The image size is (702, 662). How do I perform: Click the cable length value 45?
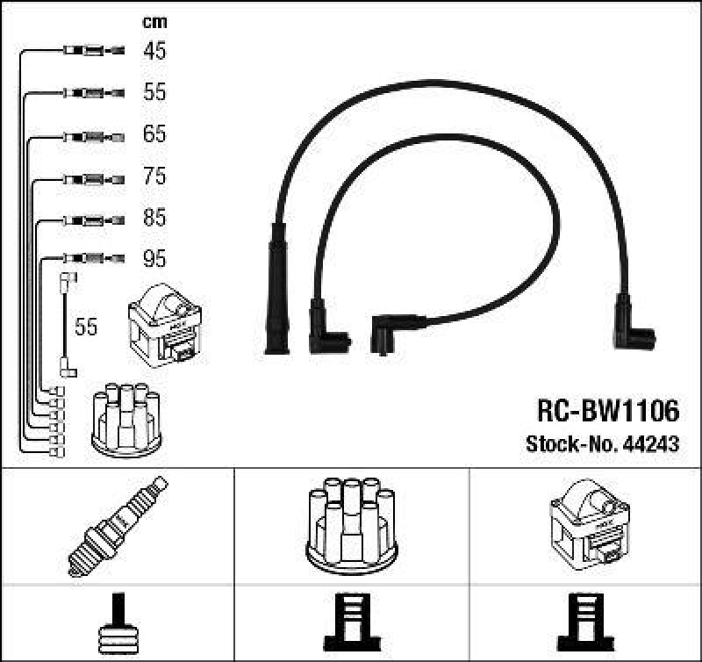pos(154,51)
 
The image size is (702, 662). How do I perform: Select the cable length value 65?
pos(154,134)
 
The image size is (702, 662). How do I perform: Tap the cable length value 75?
pos(154,176)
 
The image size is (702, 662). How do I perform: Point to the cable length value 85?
pos(154,218)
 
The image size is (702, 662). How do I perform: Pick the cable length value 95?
pos(154,259)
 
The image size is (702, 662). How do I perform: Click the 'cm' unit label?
pos(154,22)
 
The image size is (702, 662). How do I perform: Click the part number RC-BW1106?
pos(607,410)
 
